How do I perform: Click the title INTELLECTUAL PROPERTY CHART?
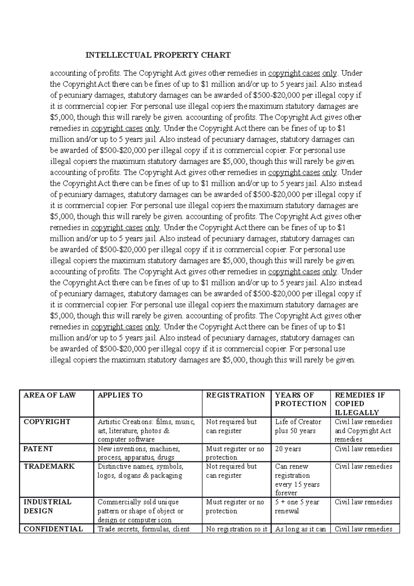158,55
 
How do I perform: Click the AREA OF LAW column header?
49,395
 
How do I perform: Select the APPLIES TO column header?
120,395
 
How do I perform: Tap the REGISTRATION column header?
235,395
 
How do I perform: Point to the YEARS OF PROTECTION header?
300,399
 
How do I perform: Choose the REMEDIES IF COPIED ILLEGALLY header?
360,403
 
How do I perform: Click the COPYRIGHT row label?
47,422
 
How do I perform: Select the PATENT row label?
38,449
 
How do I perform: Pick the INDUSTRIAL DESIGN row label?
47,506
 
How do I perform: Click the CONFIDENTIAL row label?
53,529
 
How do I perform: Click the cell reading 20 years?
288,449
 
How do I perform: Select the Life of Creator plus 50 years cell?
298,426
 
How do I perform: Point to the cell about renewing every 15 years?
297,479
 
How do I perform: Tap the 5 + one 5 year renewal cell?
297,506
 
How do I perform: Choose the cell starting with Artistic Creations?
146,430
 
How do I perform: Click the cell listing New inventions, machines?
139,453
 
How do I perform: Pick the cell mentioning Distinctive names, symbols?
140,471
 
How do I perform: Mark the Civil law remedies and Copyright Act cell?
363,430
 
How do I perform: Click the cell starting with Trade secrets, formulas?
144,529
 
